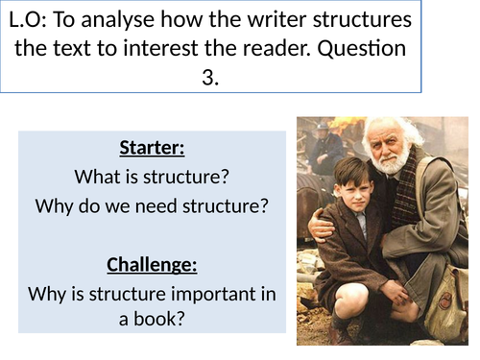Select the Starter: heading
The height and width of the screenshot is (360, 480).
pos(152,148)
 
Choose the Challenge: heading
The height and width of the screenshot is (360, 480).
pos(152,263)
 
